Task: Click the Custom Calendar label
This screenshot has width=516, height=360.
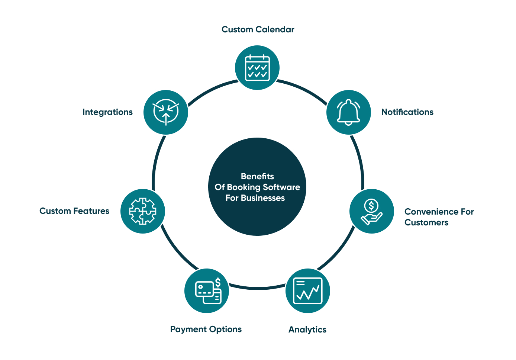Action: pyautogui.click(x=258, y=29)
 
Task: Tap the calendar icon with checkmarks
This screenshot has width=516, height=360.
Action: pyautogui.click(x=257, y=68)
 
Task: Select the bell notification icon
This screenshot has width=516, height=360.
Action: pyautogui.click(x=348, y=112)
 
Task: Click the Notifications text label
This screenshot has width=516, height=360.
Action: pyautogui.click(x=407, y=112)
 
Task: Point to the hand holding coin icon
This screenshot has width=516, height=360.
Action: pyautogui.click(x=371, y=212)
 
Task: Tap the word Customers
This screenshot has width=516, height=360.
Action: pyautogui.click(x=426, y=222)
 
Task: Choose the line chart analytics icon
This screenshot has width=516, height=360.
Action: pyautogui.click(x=307, y=291)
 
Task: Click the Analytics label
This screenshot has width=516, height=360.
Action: pyautogui.click(x=307, y=330)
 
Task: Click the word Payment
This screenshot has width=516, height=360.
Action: pyautogui.click(x=188, y=329)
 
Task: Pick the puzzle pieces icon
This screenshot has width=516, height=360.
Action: pyautogui.click(x=143, y=211)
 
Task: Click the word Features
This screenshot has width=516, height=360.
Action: pyautogui.click(x=91, y=211)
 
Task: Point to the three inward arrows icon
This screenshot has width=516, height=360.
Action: pyautogui.click(x=166, y=112)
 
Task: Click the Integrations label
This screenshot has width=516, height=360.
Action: pyautogui.click(x=107, y=112)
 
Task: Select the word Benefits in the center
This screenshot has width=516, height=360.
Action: pyautogui.click(x=257, y=176)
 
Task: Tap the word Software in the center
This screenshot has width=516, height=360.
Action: pyautogui.click(x=281, y=187)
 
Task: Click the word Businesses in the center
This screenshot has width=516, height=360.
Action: pyautogui.click(x=263, y=198)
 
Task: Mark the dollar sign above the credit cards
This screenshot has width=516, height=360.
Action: pyautogui.click(x=218, y=283)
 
